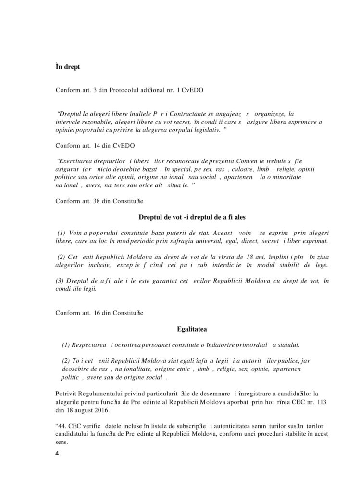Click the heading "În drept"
pyautogui.click(x=68, y=67)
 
